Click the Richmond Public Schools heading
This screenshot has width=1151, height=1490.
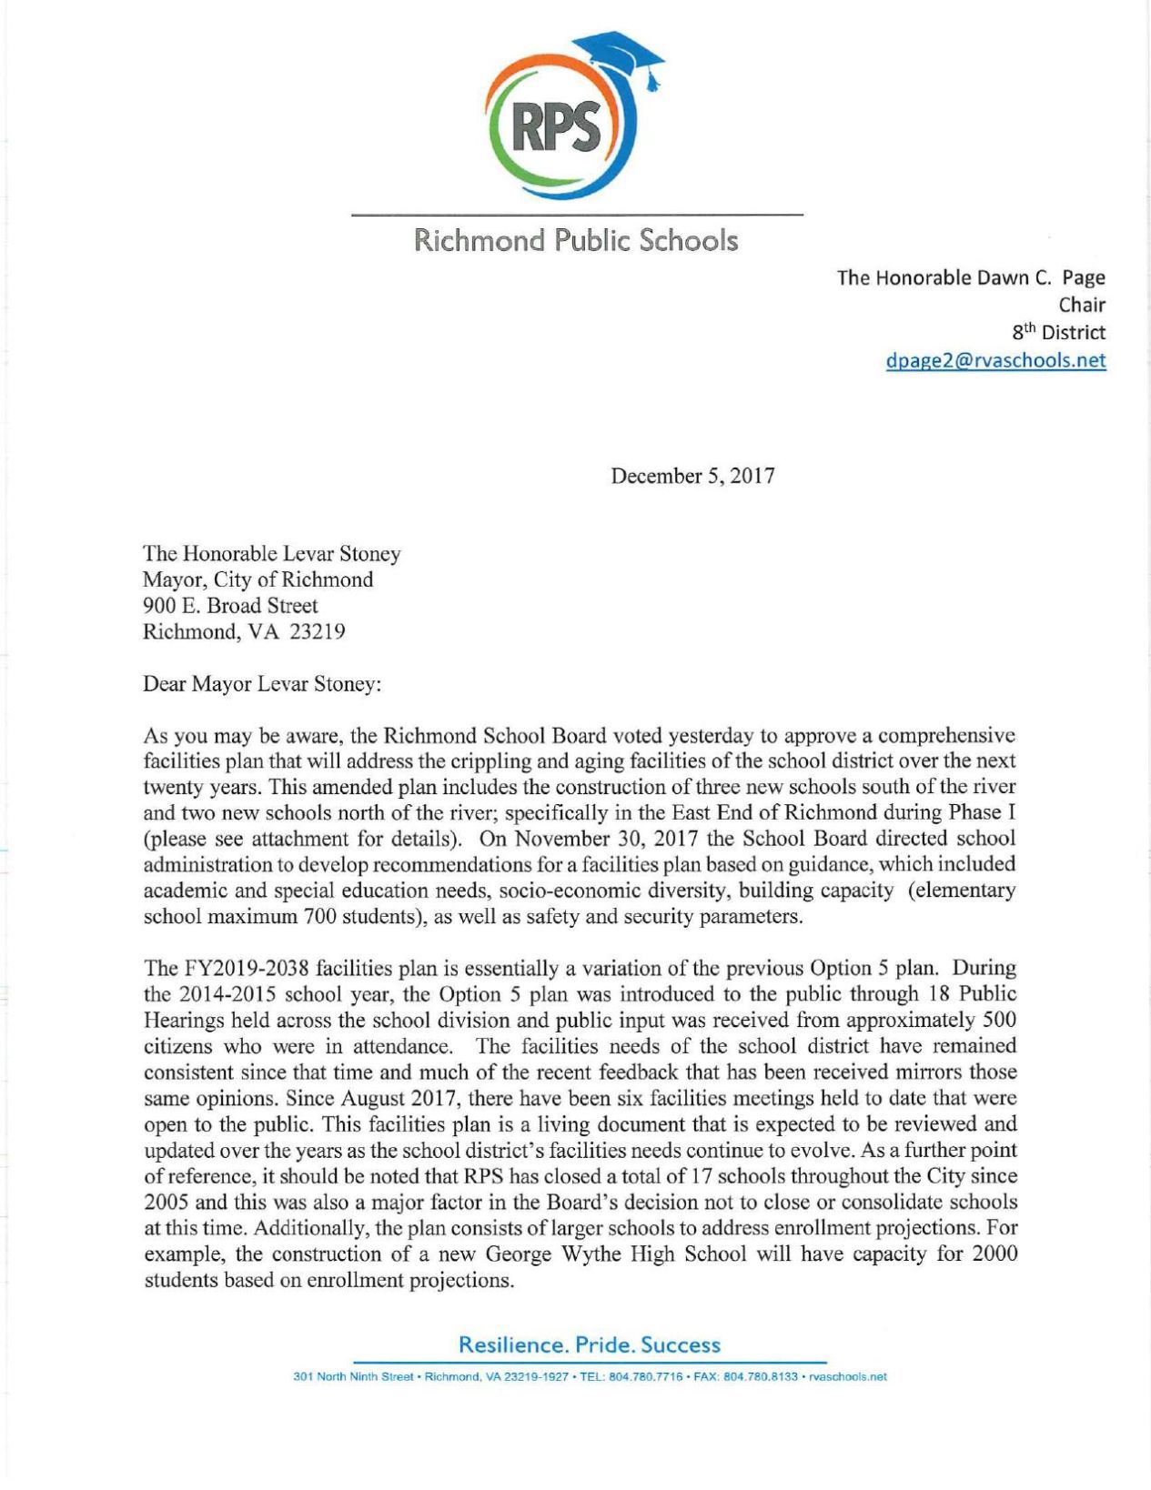(x=576, y=241)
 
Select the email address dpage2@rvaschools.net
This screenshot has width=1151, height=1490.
(x=995, y=360)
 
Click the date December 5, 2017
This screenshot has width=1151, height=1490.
(x=692, y=476)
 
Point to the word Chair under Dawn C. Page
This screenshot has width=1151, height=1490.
(x=1081, y=305)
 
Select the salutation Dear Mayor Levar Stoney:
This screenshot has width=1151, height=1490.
(x=262, y=684)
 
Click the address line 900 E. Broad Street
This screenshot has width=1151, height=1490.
(x=230, y=606)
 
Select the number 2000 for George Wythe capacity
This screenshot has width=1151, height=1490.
(x=994, y=1254)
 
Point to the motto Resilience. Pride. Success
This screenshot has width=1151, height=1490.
(x=589, y=1344)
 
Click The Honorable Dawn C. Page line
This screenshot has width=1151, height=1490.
(x=970, y=277)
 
